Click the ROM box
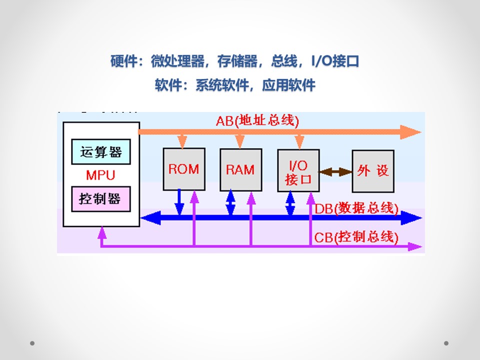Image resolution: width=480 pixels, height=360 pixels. [x=184, y=169]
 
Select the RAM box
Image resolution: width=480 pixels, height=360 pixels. [x=241, y=170]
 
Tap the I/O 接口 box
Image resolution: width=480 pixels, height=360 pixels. [x=298, y=170]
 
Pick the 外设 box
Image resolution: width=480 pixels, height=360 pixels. [x=373, y=171]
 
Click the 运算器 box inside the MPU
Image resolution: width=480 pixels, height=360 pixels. [x=101, y=152]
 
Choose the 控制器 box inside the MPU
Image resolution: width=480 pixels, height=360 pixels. [x=101, y=199]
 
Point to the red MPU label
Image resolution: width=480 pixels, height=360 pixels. [x=100, y=175]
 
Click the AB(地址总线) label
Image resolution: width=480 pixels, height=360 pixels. [x=257, y=120]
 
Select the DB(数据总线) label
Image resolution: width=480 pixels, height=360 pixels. [x=356, y=208]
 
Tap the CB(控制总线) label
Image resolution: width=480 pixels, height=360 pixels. [x=356, y=237]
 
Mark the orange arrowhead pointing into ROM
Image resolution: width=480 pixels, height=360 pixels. [x=182, y=141]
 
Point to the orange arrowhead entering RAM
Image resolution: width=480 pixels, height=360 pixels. [x=240, y=141]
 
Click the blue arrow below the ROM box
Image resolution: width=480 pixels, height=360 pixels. [x=179, y=202]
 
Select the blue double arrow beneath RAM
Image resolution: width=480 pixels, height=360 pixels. [x=230, y=202]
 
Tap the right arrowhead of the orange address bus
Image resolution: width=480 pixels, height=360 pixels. [x=411, y=132]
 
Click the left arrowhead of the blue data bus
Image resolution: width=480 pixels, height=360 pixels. [x=150, y=218]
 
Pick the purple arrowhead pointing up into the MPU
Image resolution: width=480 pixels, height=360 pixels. [x=102, y=233]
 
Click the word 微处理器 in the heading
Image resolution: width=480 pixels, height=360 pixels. [x=178, y=61]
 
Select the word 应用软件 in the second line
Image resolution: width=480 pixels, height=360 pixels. [x=288, y=85]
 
